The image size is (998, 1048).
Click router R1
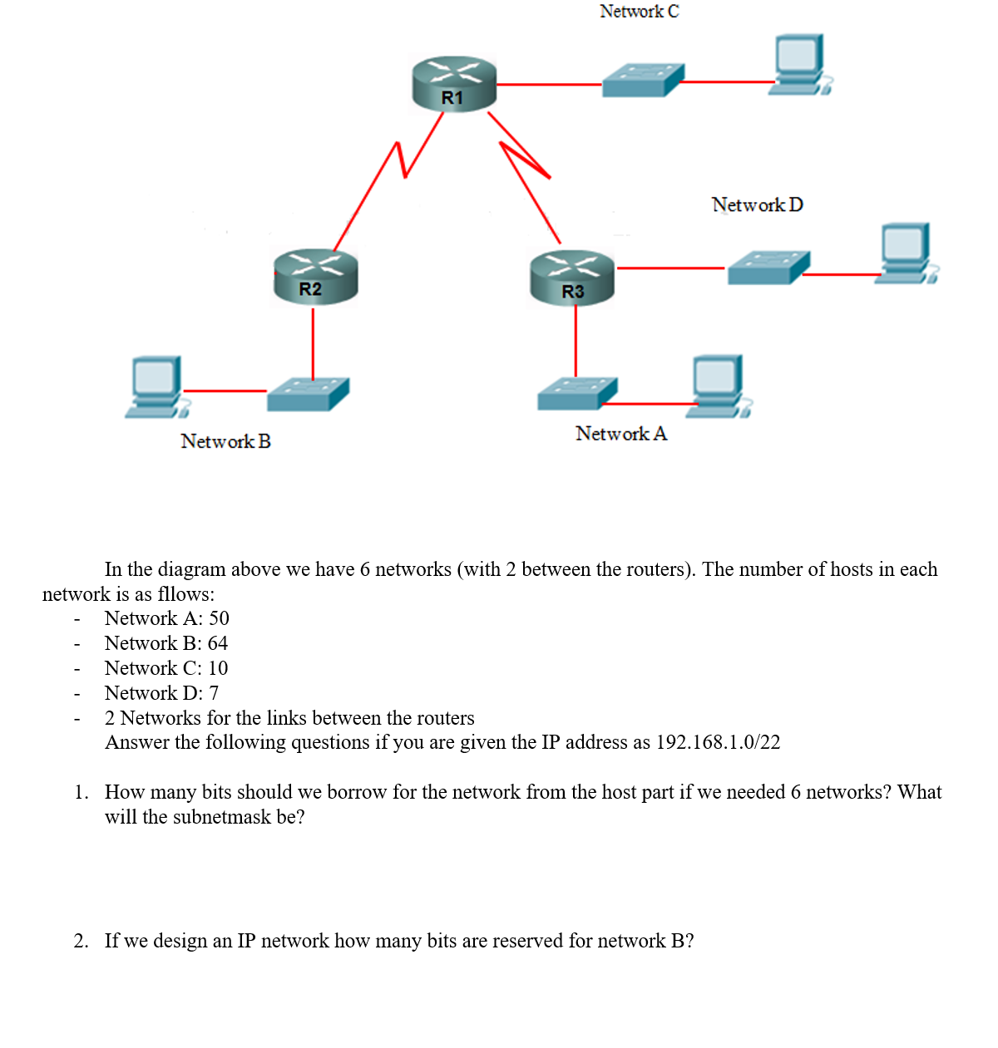(x=454, y=83)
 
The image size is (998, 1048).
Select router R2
(x=315, y=276)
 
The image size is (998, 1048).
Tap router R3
(x=572, y=278)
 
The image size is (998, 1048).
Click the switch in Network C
(x=642, y=81)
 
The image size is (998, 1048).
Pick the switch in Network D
(x=768, y=268)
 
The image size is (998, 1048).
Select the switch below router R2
(x=308, y=394)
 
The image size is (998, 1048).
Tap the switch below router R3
(x=577, y=393)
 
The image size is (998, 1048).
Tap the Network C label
(x=639, y=12)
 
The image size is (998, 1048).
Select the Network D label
(x=757, y=204)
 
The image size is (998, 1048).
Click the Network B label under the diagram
(x=225, y=441)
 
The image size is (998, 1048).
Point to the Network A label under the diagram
(x=620, y=434)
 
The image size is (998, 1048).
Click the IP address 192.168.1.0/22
(x=718, y=742)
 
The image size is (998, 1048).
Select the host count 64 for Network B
(x=217, y=643)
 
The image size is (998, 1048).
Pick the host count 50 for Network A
(x=219, y=618)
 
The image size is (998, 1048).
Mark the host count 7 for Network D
(x=214, y=693)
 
